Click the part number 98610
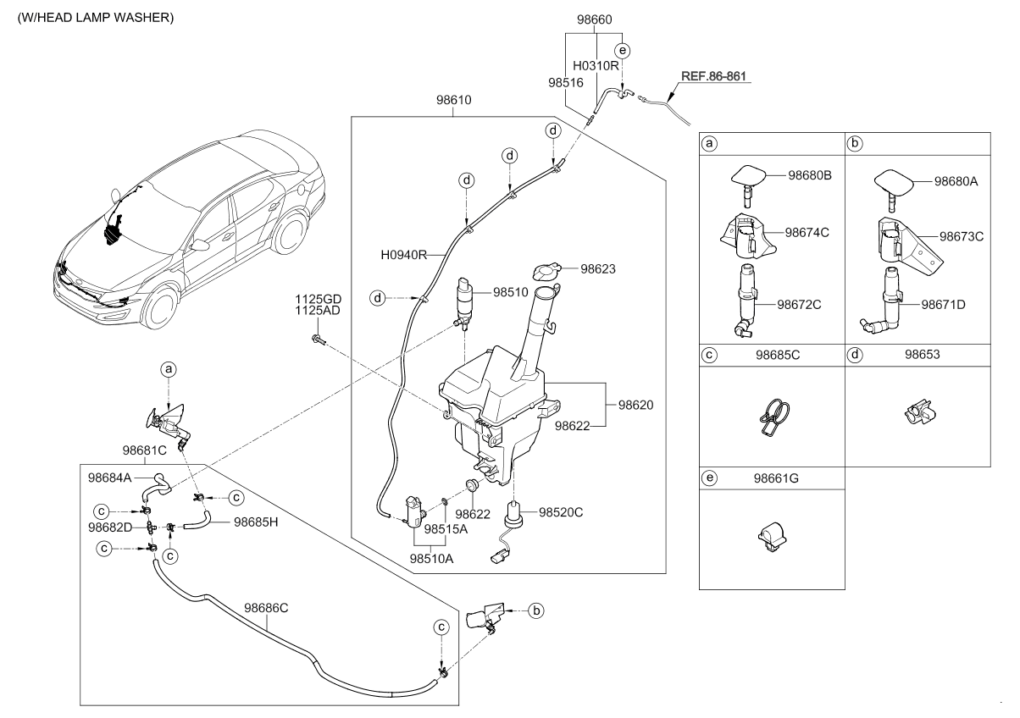click(454, 100)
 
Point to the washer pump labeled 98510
click(464, 301)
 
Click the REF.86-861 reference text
click(713, 76)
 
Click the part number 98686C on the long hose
click(267, 607)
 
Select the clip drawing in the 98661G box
click(771, 538)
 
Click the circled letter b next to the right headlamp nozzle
click(535, 609)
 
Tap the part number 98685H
click(258, 522)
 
